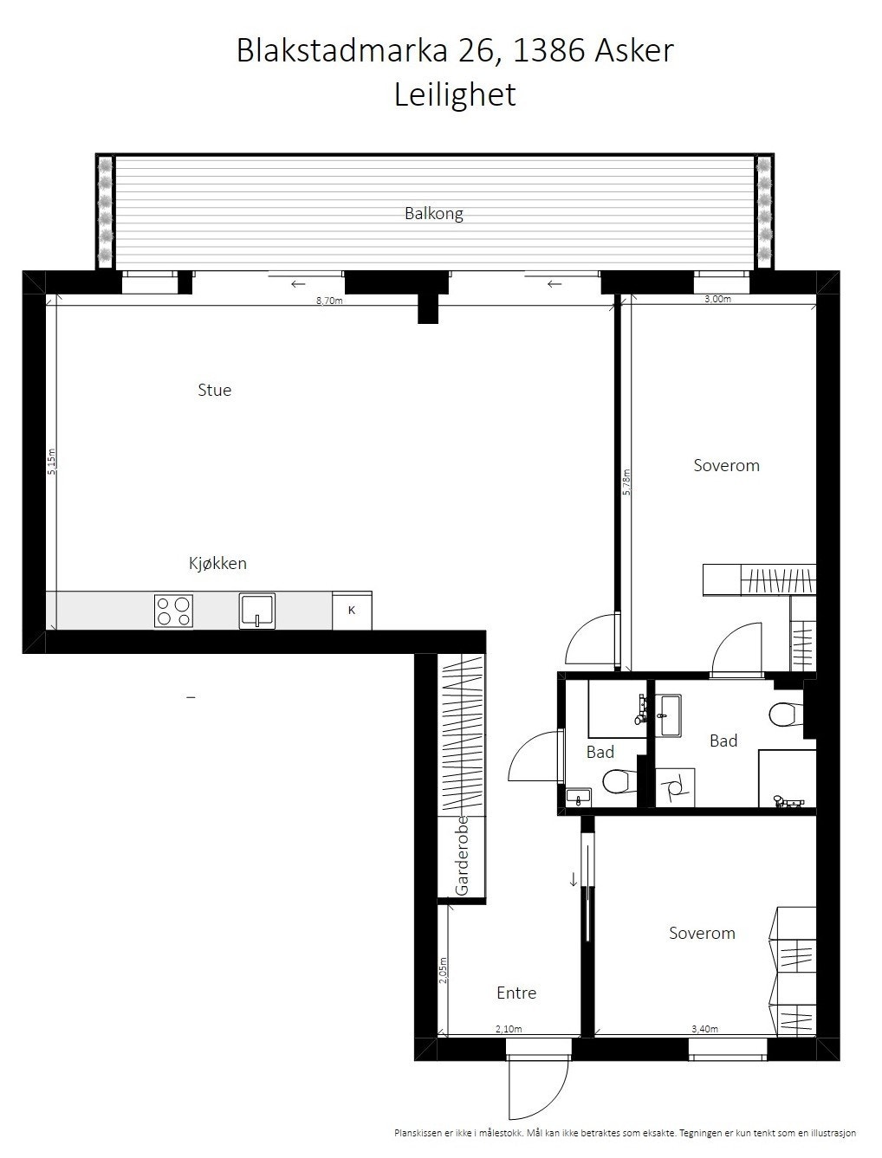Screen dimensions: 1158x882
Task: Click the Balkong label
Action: [433, 213]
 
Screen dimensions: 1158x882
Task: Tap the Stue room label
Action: [214, 390]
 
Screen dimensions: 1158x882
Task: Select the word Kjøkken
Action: [217, 563]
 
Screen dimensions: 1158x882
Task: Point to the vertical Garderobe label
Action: [462, 855]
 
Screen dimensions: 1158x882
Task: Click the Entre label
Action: [516, 993]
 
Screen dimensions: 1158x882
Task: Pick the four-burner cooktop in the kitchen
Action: [173, 611]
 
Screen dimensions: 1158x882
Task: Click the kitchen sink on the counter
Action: [257, 611]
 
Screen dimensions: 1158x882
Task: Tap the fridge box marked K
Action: [352, 611]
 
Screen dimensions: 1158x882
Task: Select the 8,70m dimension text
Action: [329, 301]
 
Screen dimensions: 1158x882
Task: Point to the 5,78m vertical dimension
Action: [626, 482]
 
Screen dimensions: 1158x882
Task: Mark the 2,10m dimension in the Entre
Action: [509, 1029]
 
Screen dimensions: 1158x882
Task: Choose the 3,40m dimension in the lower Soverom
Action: [704, 1029]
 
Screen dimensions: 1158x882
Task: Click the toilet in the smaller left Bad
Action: [617, 781]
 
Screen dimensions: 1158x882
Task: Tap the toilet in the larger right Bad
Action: [782, 715]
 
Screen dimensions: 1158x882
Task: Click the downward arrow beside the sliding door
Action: [573, 879]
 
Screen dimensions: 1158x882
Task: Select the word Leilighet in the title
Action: [455, 94]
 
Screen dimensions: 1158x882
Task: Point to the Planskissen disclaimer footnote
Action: [625, 1132]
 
